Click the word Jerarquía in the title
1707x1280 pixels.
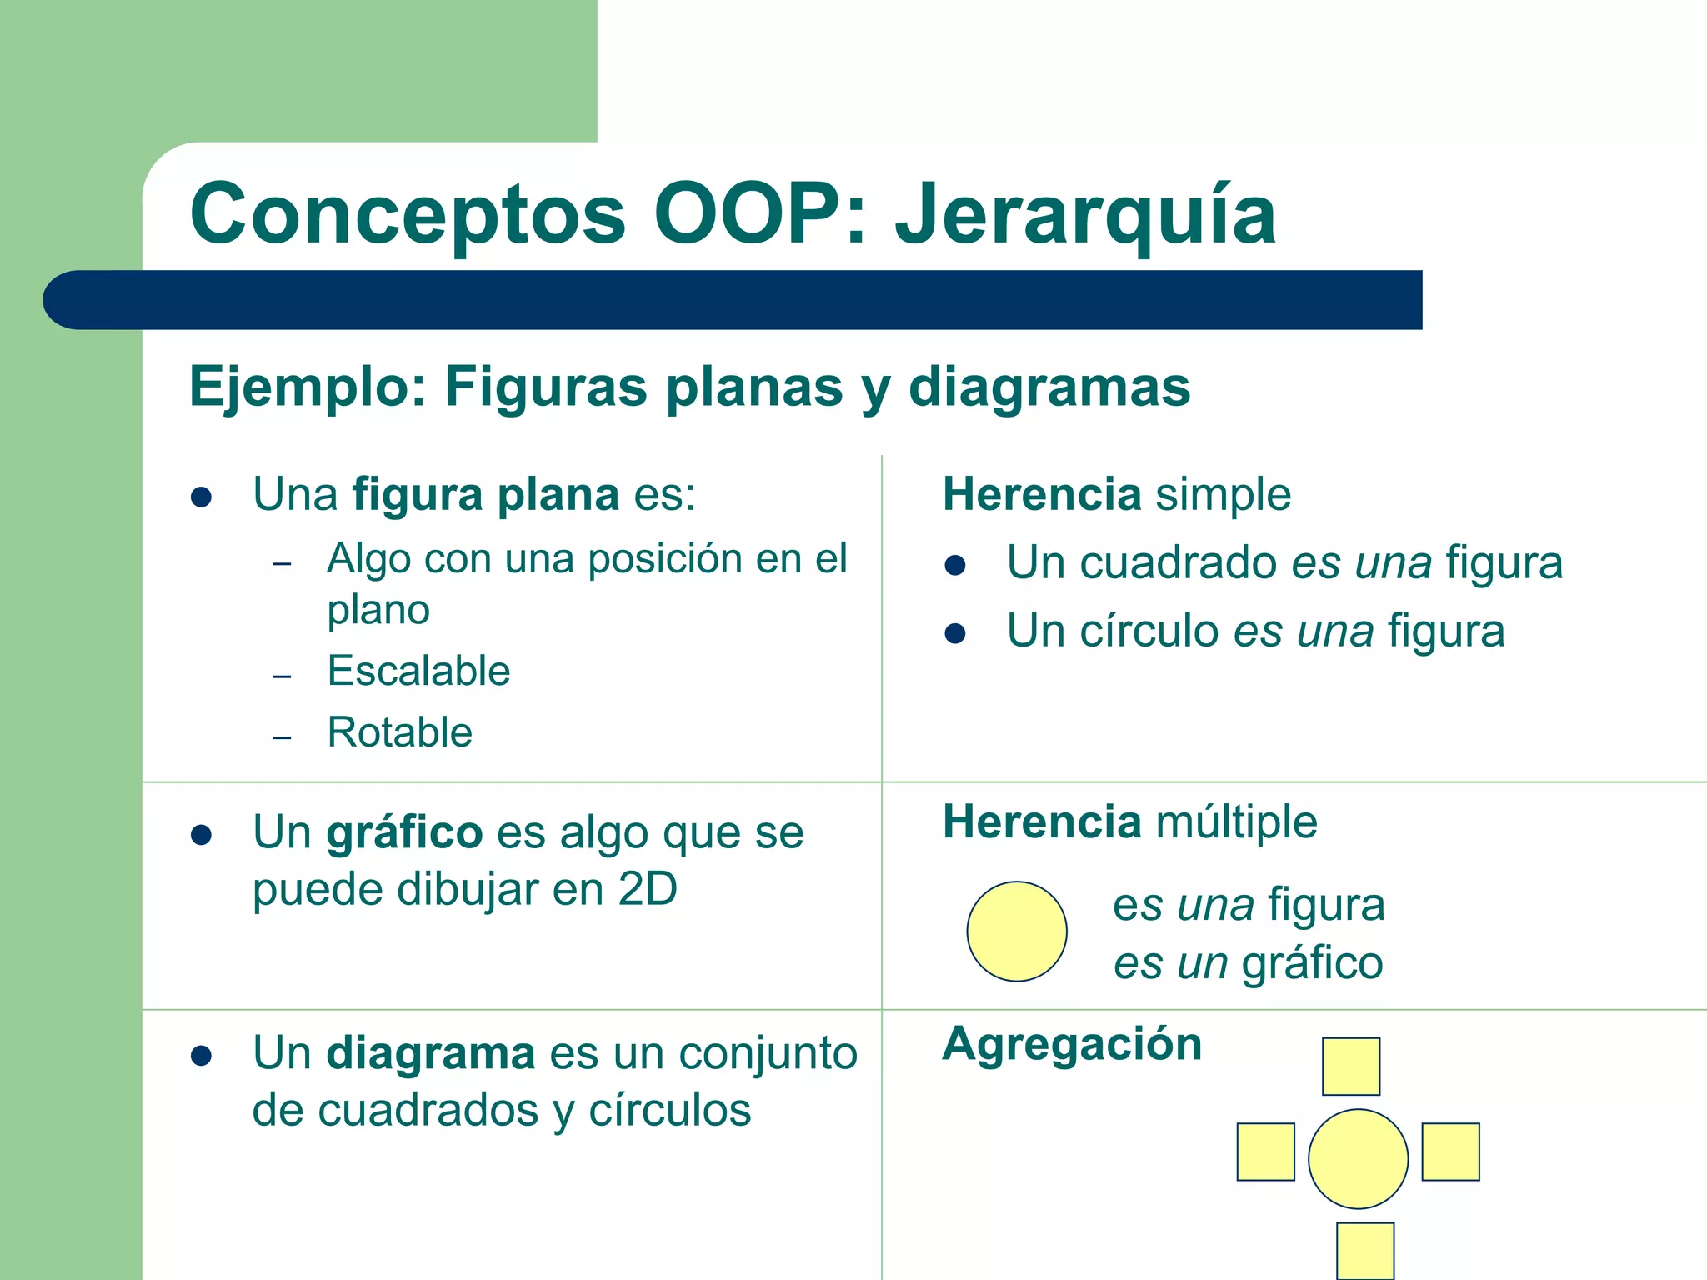(x=1085, y=215)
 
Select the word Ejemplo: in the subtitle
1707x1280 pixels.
(x=308, y=387)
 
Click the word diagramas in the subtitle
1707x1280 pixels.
(x=1049, y=387)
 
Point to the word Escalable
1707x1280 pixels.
(x=418, y=671)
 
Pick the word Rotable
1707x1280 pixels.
(x=400, y=732)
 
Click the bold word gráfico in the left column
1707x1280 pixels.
(x=404, y=832)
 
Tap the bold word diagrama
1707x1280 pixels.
(x=430, y=1053)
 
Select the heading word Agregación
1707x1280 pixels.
(x=1072, y=1044)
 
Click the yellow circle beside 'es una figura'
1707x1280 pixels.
(x=1017, y=932)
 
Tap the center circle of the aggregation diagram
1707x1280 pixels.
(x=1358, y=1159)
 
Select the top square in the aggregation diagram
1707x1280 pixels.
(x=1351, y=1067)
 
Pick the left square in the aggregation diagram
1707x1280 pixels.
(x=1265, y=1152)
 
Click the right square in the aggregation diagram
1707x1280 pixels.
(x=1450, y=1152)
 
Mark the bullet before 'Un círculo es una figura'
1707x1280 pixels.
(x=955, y=634)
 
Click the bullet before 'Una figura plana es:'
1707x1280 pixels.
(x=201, y=497)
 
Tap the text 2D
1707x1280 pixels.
(x=647, y=890)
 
